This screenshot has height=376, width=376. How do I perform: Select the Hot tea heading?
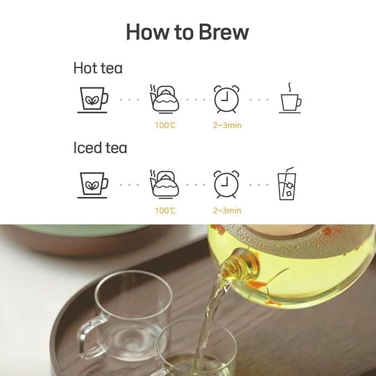(x=98, y=68)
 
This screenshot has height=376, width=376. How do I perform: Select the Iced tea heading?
(x=100, y=148)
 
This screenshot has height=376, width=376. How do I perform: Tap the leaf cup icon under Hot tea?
(x=92, y=100)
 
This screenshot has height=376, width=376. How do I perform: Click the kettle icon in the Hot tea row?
(x=164, y=99)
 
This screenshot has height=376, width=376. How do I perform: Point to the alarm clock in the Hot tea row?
(x=227, y=99)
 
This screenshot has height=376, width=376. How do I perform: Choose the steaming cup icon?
(x=290, y=99)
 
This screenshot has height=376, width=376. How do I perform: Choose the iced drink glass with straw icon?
(x=287, y=184)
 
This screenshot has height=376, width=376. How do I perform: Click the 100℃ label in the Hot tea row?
(x=165, y=126)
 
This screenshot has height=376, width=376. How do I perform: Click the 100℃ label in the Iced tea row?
(x=165, y=210)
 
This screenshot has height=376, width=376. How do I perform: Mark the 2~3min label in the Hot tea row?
(x=228, y=126)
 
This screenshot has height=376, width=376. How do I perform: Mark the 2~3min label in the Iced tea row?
(x=228, y=210)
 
